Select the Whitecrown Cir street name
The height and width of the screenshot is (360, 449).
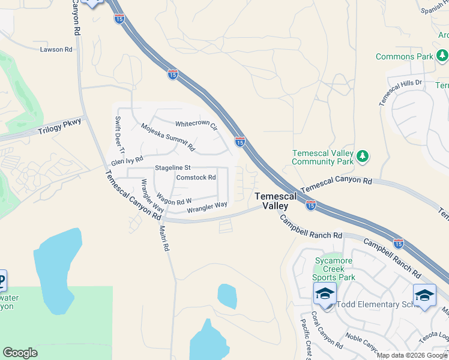[x=196, y=124]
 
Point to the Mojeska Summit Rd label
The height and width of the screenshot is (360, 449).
[x=168, y=137]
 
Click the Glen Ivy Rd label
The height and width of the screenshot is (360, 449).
[x=127, y=160]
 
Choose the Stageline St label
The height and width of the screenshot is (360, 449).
[x=172, y=167]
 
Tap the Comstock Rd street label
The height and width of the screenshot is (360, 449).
[x=196, y=178]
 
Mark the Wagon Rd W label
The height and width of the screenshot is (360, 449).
[x=174, y=199]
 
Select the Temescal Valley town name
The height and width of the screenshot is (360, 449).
[x=274, y=201]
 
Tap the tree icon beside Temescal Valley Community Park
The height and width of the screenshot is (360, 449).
[x=362, y=157]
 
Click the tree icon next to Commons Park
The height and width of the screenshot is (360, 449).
[x=442, y=56]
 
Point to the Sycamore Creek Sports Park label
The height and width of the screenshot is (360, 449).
[x=335, y=269]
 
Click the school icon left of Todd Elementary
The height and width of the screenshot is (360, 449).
[x=324, y=294]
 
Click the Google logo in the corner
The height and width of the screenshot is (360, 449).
[x=20, y=353]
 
